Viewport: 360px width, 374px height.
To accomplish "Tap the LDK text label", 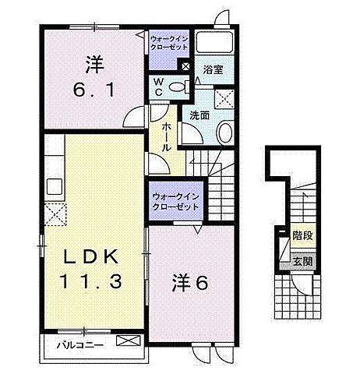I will [90, 256].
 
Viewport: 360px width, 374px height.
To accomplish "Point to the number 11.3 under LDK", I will [90, 281].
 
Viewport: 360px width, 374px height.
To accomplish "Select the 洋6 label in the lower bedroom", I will [189, 283].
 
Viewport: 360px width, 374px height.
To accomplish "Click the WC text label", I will [157, 87].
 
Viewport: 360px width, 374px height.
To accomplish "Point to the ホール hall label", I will [167, 136].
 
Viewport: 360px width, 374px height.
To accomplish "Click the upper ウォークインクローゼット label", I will [168, 41].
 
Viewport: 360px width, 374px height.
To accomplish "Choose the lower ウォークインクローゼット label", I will [175, 202].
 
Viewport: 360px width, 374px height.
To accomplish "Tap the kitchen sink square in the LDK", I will [55, 186].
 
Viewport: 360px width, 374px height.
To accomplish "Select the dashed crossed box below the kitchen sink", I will [56, 213].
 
